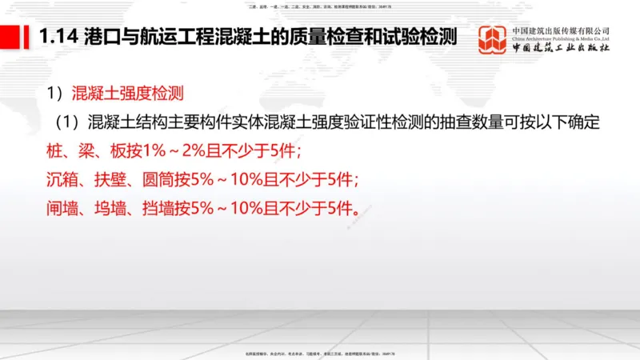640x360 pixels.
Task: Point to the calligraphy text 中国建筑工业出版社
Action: coord(559,48)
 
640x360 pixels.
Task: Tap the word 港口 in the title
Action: coord(98,37)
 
